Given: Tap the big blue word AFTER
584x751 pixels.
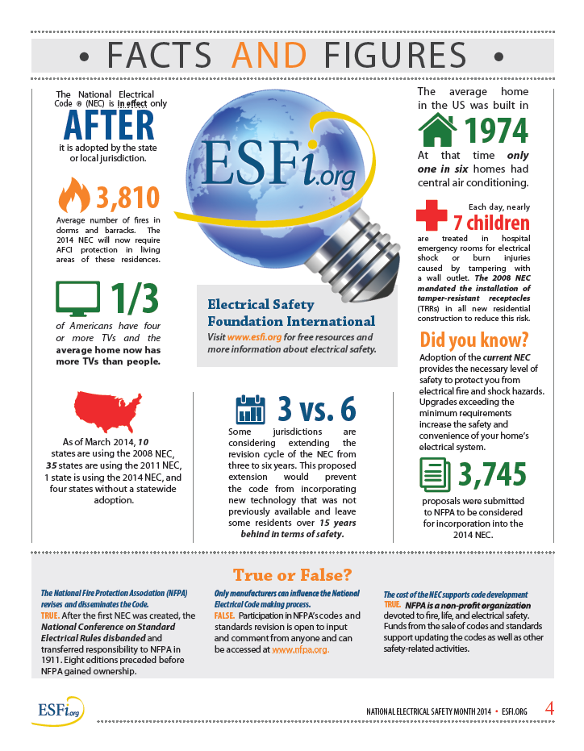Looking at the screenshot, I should pyautogui.click(x=109, y=126).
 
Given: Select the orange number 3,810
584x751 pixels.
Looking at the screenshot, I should pyautogui.click(x=127, y=197).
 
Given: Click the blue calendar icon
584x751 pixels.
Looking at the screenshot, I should pyautogui.click(x=250, y=410).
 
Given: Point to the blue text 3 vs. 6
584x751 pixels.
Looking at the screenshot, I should pyautogui.click(x=316, y=410).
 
